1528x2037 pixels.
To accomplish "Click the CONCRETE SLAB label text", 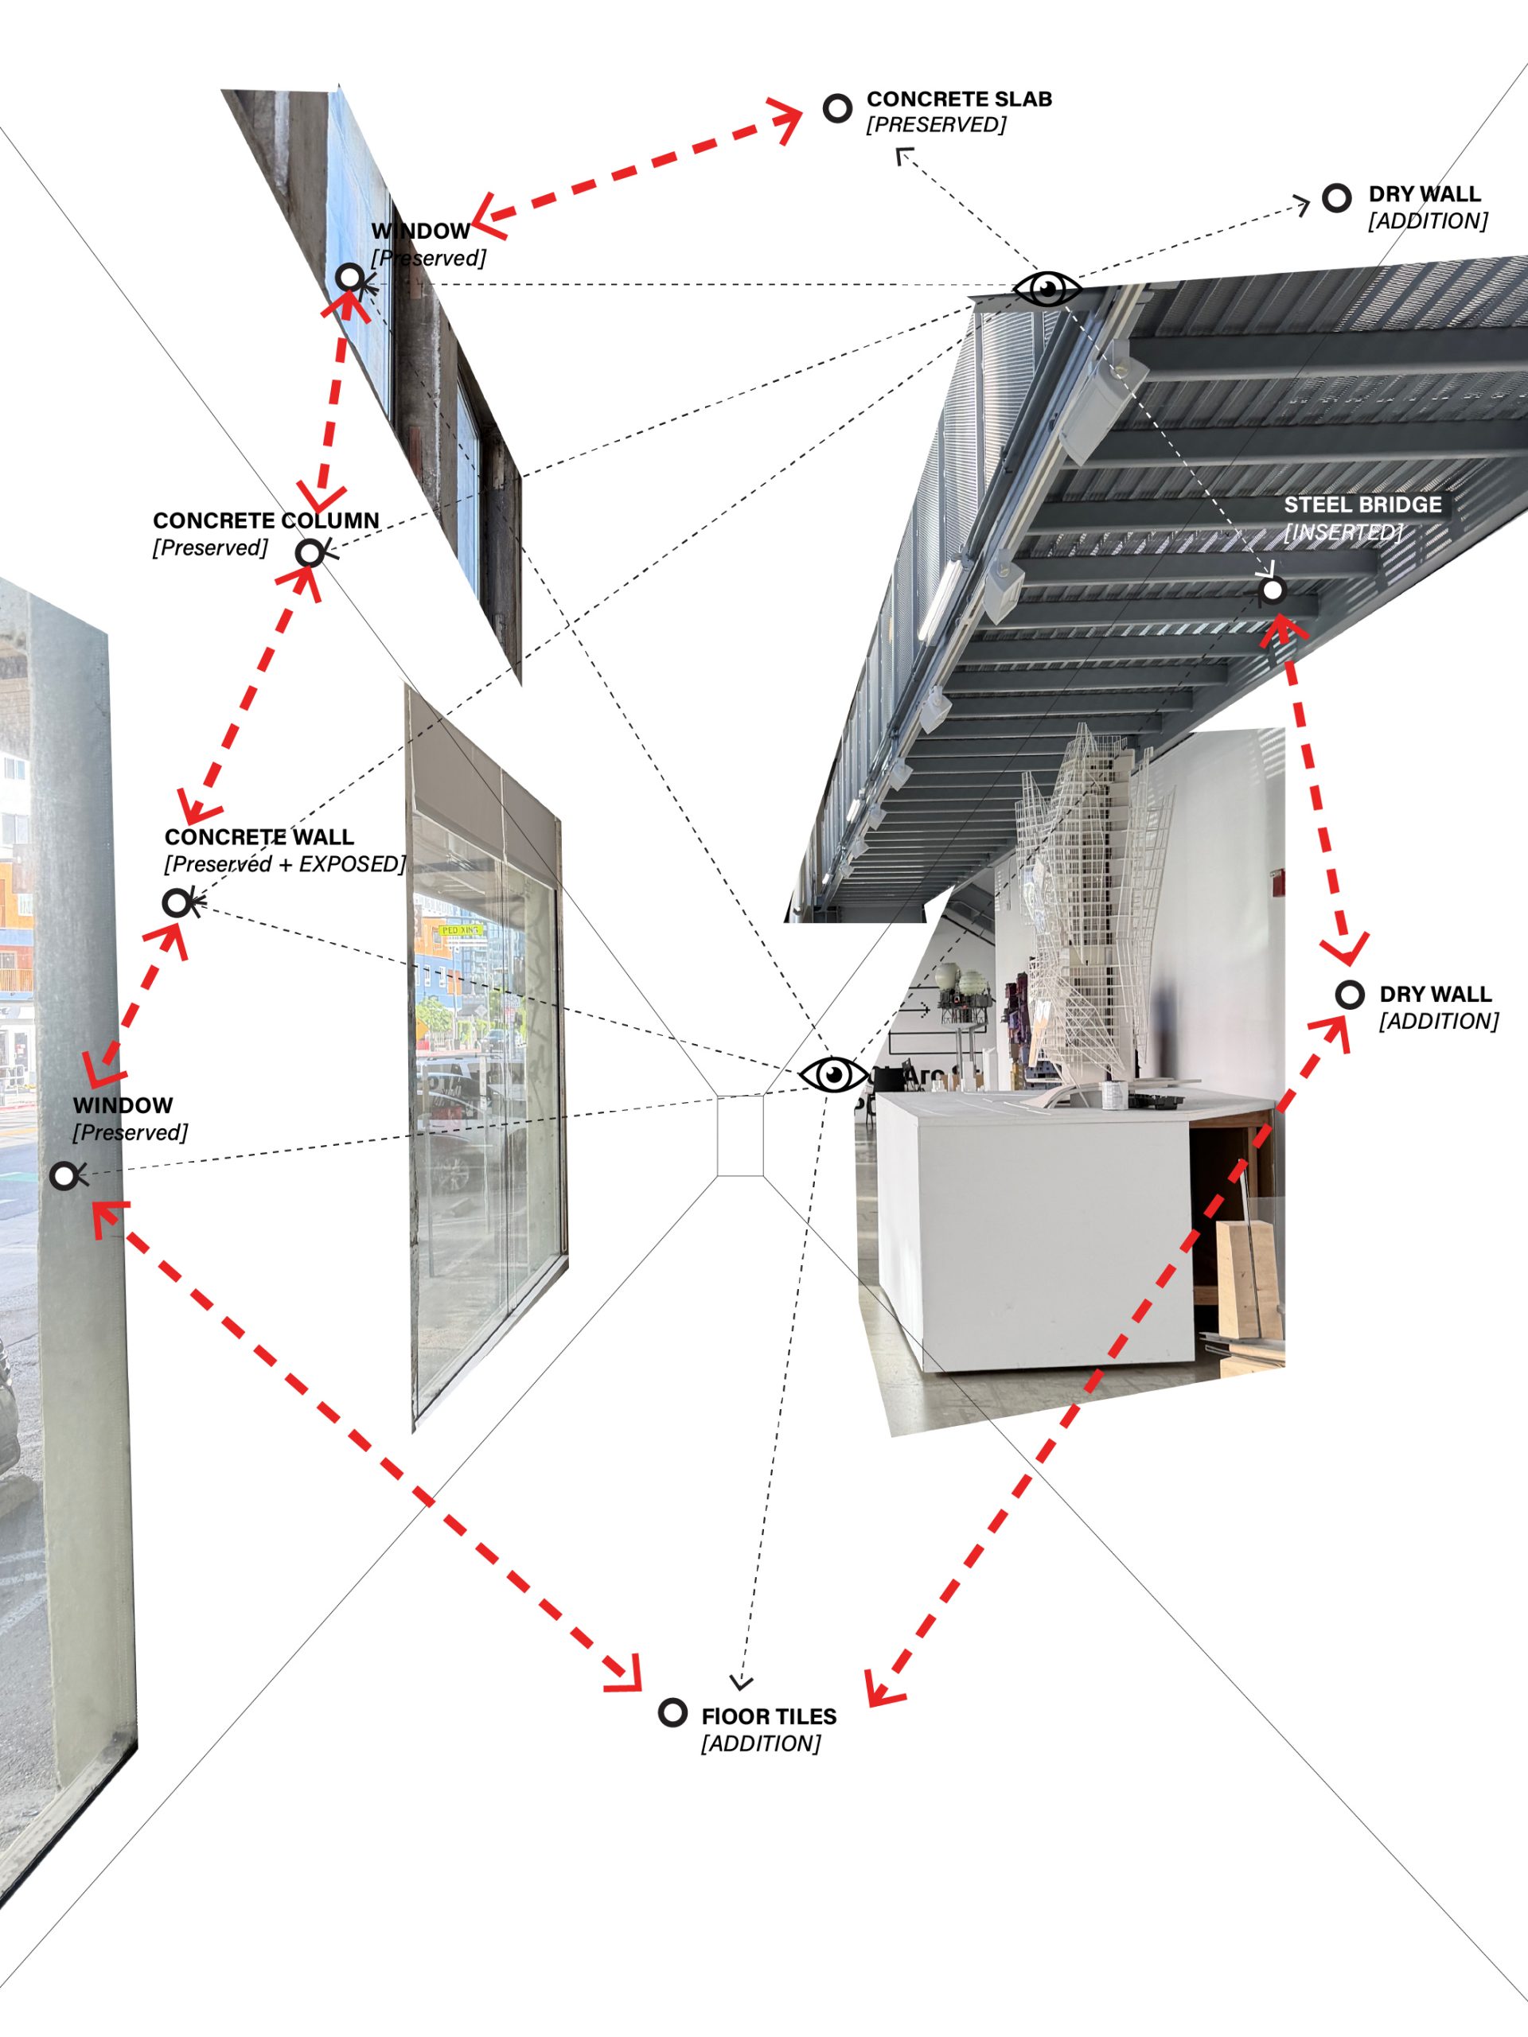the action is [959, 99].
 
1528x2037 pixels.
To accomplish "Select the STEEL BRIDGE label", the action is [1363, 504].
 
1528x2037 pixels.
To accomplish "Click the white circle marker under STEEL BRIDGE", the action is [1272, 590].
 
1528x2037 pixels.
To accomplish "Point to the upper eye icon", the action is [1047, 289].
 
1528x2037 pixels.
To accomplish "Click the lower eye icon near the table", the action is [833, 1075].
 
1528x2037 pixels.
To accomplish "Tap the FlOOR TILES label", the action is [769, 1716].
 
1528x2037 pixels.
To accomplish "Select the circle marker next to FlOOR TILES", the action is [673, 1713].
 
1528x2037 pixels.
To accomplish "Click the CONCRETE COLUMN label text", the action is [266, 521].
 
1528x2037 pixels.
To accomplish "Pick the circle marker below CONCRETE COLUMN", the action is [310, 552].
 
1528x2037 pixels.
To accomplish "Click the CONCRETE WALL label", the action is [259, 837].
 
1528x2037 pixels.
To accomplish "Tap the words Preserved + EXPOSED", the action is [285, 865].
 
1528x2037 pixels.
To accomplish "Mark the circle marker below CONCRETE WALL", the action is [176, 902].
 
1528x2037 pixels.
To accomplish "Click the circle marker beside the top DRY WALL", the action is [1336, 197].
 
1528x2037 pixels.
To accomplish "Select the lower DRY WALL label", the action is [1435, 995].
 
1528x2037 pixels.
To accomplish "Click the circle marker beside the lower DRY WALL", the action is [1349, 995].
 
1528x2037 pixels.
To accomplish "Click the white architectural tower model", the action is [1091, 902].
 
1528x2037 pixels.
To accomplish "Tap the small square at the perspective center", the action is [740, 1135].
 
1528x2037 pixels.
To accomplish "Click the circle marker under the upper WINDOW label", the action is [350, 276].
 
